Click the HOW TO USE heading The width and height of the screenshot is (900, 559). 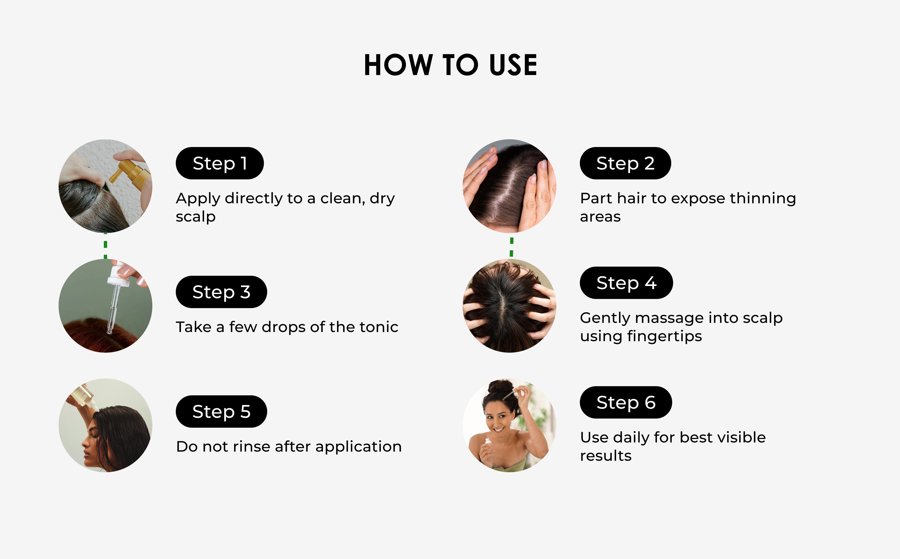click(450, 65)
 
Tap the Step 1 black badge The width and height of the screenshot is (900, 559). click(220, 163)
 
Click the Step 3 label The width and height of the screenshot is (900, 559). click(221, 292)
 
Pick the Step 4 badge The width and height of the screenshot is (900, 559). click(626, 283)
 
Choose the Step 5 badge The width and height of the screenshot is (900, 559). click(221, 412)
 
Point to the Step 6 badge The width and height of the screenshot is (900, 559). click(626, 402)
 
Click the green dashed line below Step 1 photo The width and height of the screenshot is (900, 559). click(106, 246)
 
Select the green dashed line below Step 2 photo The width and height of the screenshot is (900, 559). click(511, 247)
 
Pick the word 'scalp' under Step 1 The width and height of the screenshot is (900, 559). click(195, 217)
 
